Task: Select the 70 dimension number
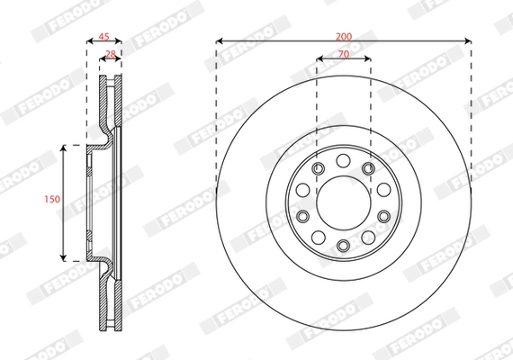click(x=343, y=53)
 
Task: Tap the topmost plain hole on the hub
click(x=344, y=159)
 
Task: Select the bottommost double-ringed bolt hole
click(x=343, y=247)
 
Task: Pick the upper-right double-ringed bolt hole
click(x=368, y=168)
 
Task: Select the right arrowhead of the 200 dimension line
click(x=468, y=41)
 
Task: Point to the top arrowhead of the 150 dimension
click(x=63, y=147)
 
